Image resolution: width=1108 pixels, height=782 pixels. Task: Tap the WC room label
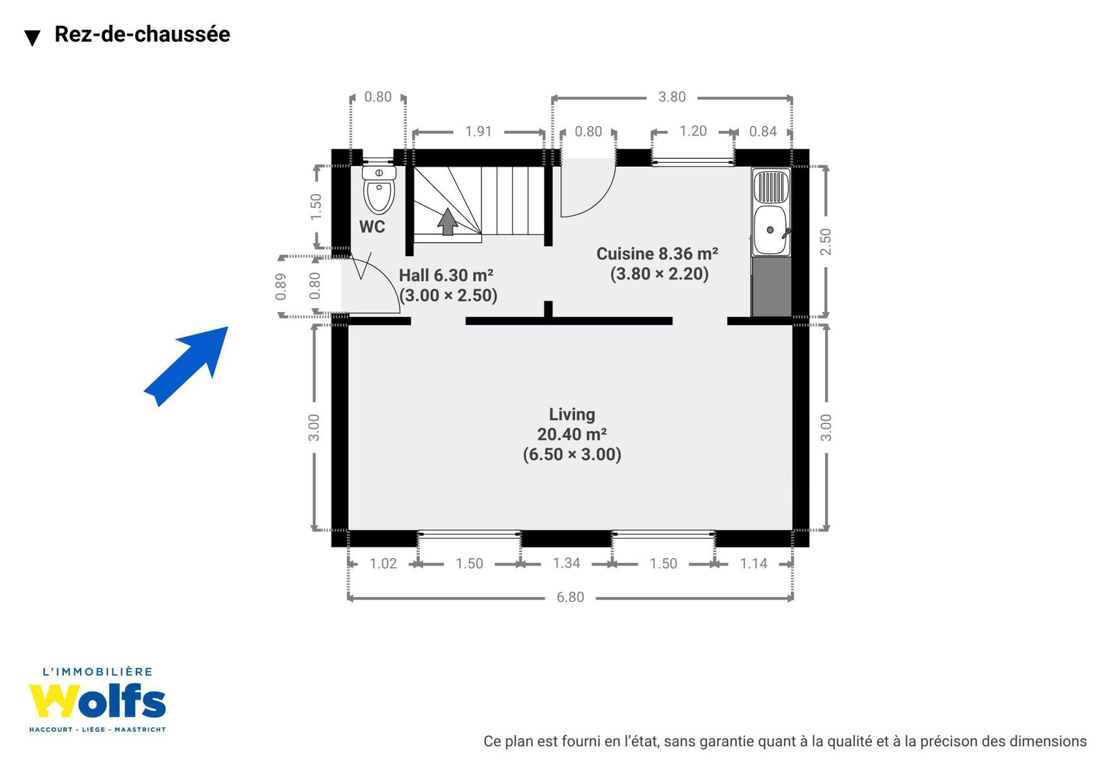pyautogui.click(x=372, y=227)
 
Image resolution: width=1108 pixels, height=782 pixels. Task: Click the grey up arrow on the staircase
pyautogui.click(x=447, y=222)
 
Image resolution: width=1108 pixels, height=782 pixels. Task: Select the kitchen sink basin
pyautogui.click(x=770, y=230)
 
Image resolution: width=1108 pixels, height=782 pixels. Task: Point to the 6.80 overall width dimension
pyautogui.click(x=571, y=597)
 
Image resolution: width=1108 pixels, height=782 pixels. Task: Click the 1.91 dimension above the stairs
pyautogui.click(x=478, y=132)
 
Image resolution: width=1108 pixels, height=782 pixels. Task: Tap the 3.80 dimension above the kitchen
pyautogui.click(x=672, y=97)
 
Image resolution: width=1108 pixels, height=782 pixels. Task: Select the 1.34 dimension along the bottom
pyautogui.click(x=566, y=563)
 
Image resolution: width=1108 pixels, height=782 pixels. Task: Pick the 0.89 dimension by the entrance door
pyautogui.click(x=280, y=287)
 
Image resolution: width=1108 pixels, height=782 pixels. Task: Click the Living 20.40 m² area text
pyautogui.click(x=572, y=434)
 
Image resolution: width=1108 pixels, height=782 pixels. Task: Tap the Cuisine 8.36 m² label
pyautogui.click(x=657, y=253)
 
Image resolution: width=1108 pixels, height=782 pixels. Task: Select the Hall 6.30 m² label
pyautogui.click(x=446, y=275)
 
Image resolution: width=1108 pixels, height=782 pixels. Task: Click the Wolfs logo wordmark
pyautogui.click(x=97, y=701)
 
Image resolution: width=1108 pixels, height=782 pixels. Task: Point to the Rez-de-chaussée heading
pyautogui.click(x=142, y=34)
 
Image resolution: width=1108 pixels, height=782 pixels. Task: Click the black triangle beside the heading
pyautogui.click(x=33, y=38)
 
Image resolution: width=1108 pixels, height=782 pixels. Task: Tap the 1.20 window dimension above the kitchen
pyautogui.click(x=693, y=131)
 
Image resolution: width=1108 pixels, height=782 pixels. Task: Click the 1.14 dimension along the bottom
pyautogui.click(x=753, y=563)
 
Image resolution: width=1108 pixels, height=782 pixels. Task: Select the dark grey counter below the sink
pyautogui.click(x=771, y=287)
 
